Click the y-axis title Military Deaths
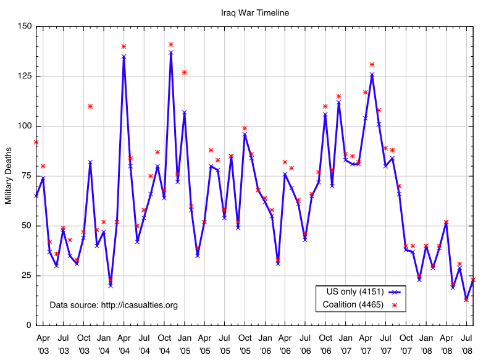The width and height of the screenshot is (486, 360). click(8, 175)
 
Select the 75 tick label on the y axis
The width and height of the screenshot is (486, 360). click(25, 176)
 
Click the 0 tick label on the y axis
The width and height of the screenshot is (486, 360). click(28, 325)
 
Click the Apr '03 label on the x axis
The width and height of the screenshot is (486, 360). click(43, 343)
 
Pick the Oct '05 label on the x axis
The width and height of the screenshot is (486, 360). click(245, 343)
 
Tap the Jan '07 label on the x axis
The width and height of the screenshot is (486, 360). click(345, 343)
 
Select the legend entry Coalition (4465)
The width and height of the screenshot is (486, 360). click(353, 304)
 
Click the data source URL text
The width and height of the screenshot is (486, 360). click(114, 305)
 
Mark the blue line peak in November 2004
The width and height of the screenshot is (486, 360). click(171, 52)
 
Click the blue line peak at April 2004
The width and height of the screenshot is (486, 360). click(124, 56)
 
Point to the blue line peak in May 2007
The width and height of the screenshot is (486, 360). click(372, 74)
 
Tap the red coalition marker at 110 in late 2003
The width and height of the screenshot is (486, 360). click(90, 106)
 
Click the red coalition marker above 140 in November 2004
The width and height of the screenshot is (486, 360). click(171, 44)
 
